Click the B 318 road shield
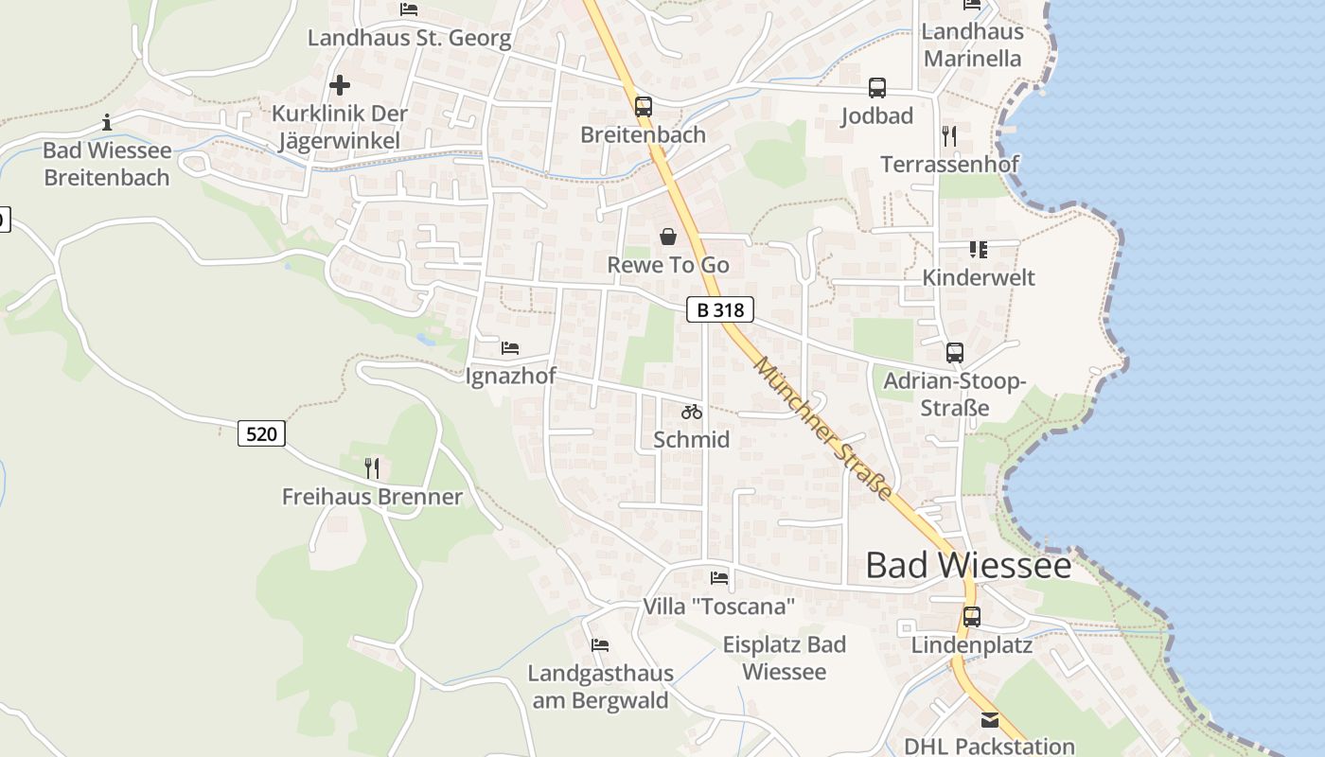(x=719, y=309)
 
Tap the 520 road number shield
(x=261, y=433)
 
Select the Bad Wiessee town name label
(x=968, y=566)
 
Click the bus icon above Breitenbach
(x=644, y=106)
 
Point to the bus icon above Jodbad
(x=877, y=88)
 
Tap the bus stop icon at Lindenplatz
(x=972, y=617)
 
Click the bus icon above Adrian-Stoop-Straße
(x=955, y=353)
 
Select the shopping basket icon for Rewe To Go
(x=668, y=237)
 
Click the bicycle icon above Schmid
(x=692, y=412)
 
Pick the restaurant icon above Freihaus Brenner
(x=372, y=467)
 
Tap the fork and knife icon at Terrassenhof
(x=949, y=136)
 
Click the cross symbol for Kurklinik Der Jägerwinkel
(x=340, y=85)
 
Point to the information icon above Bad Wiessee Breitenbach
(x=107, y=122)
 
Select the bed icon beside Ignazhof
(x=510, y=348)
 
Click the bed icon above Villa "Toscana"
(x=719, y=577)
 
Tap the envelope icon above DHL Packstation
(x=989, y=720)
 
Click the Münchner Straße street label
(x=823, y=429)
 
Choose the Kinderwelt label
(x=979, y=277)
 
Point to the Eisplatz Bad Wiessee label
(x=785, y=658)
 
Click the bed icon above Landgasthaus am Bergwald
(x=600, y=645)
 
